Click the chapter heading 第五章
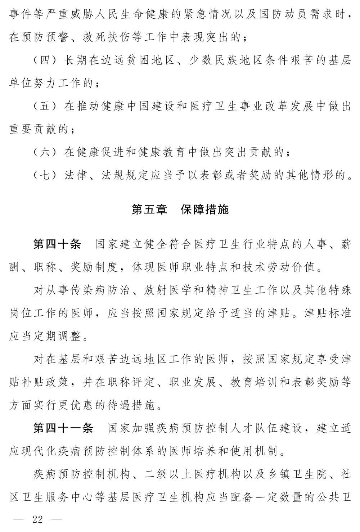(x=149, y=209)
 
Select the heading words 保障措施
(x=204, y=209)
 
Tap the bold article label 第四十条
(x=57, y=244)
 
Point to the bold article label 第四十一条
(x=63, y=428)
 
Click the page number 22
(x=37, y=519)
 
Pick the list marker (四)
(x=45, y=60)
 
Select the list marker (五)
(x=45, y=106)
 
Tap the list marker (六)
(x=45, y=152)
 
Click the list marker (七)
(x=45, y=175)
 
